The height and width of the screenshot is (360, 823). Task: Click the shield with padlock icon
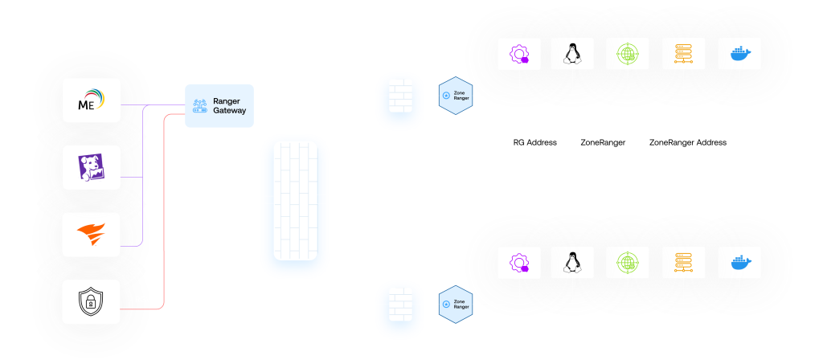92,302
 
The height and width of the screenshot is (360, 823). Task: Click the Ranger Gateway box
219,105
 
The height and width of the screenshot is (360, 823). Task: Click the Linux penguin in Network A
572,55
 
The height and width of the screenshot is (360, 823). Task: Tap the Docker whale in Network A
739,55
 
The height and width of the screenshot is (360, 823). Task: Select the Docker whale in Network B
739,263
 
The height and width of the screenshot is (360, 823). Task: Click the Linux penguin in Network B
572,263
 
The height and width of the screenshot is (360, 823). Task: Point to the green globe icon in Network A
628,55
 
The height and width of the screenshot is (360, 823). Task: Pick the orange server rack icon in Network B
683,263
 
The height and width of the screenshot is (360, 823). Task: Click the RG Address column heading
534,143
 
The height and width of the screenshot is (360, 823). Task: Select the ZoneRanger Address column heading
687,143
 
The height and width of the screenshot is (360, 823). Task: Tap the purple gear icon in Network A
518,55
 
